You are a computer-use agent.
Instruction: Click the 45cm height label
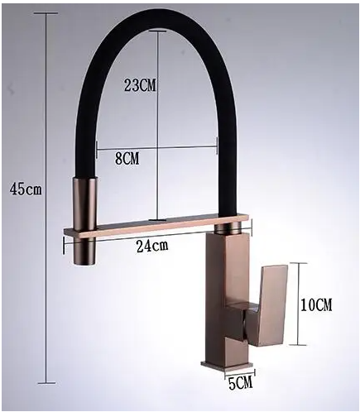point(26,189)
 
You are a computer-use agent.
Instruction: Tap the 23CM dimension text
point(140,85)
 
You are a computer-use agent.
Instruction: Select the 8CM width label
point(127,158)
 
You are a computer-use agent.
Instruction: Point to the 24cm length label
point(152,245)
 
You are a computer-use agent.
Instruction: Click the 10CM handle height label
point(316,305)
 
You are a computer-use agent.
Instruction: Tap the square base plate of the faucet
point(228,366)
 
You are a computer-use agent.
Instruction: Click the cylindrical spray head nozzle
point(84,221)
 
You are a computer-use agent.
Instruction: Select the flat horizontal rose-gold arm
point(158,225)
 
